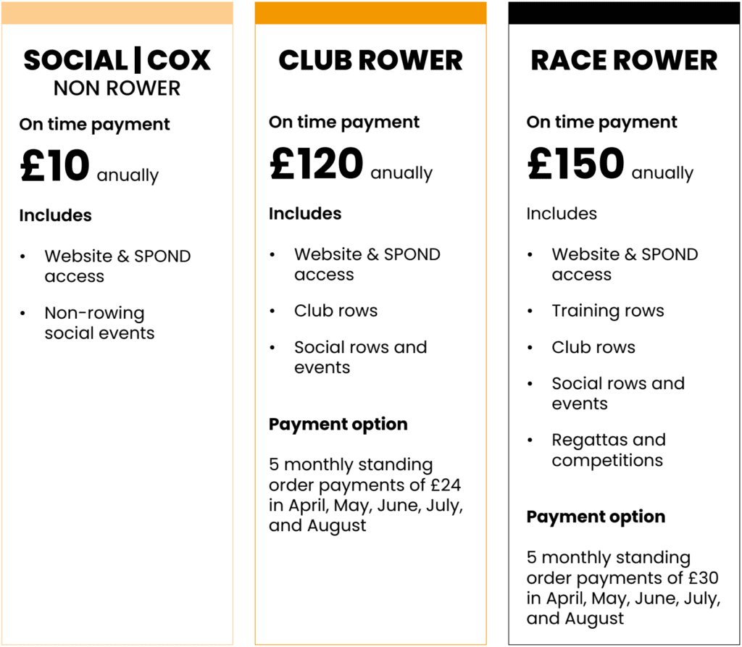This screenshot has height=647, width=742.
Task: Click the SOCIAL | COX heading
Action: click(x=117, y=61)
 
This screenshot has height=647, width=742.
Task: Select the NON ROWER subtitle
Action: click(x=117, y=88)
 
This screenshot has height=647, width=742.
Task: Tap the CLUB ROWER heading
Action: click(x=370, y=61)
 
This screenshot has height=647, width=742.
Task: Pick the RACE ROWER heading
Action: click(x=624, y=61)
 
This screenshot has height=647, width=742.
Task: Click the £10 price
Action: click(x=54, y=166)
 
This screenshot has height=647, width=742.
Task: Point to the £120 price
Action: click(x=316, y=164)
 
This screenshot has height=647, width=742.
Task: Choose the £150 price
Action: click(x=575, y=164)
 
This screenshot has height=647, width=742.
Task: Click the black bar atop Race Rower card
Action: click(x=624, y=13)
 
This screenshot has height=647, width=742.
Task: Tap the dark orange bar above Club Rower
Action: click(x=370, y=13)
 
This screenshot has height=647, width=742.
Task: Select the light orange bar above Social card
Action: click(x=117, y=13)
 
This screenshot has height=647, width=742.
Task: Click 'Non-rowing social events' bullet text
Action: click(x=99, y=323)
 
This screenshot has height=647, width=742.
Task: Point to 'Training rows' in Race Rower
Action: click(x=607, y=311)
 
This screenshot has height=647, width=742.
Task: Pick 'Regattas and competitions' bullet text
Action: click(x=608, y=450)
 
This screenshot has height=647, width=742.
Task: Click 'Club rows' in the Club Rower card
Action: click(x=335, y=311)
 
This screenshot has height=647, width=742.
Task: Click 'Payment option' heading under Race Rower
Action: click(x=596, y=517)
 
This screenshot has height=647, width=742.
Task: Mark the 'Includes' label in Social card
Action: click(x=55, y=215)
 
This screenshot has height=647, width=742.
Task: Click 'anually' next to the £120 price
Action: click(x=401, y=174)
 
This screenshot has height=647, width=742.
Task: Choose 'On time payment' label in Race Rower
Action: click(x=601, y=122)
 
